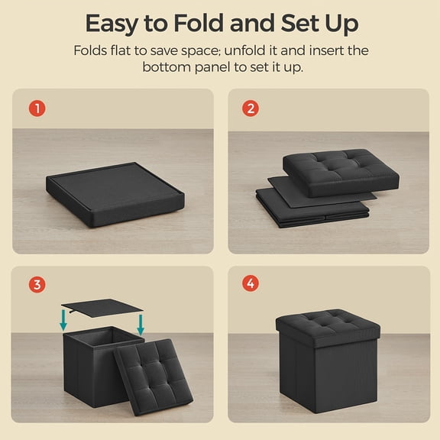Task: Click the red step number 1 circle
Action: tap(37, 108)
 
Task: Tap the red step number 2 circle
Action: tap(251, 108)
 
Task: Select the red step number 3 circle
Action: tap(37, 284)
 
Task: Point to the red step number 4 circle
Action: tap(251, 283)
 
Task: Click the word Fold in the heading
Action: tap(199, 23)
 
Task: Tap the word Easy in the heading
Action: tap(112, 24)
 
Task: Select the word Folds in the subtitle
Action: tap(90, 50)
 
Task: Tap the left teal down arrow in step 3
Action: tap(63, 320)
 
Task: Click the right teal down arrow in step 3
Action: tap(141, 325)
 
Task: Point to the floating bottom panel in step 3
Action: tap(102, 308)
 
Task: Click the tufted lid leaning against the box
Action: tap(154, 377)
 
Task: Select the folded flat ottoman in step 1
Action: tap(115, 194)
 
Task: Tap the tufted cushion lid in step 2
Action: tap(341, 173)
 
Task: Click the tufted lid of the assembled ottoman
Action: tap(328, 328)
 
